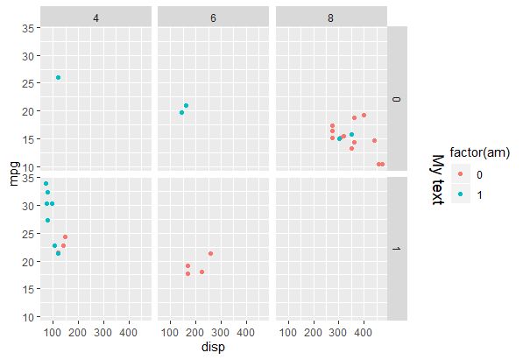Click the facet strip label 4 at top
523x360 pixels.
95,17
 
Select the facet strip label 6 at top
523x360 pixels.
213,17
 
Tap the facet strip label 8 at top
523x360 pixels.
330,17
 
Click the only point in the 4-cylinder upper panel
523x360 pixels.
58,78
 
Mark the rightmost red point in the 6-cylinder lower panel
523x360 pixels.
210,253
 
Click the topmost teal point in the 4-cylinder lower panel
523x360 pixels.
46,183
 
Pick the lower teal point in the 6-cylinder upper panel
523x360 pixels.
181,112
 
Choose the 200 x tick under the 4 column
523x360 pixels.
78,334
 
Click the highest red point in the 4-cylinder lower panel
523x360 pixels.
65,236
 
